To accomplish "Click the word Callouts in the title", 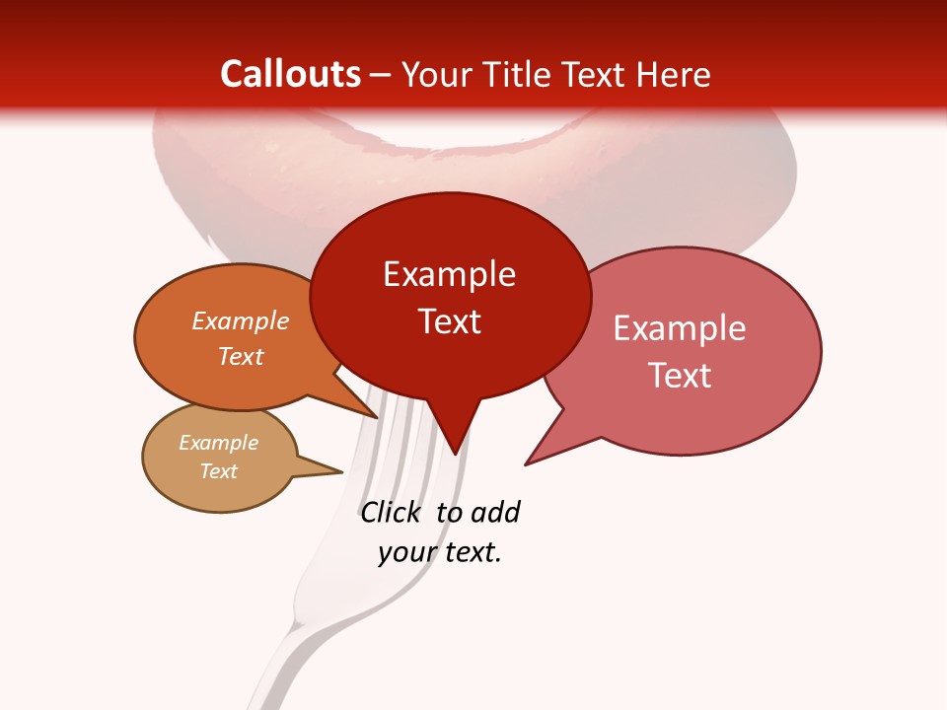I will (290, 74).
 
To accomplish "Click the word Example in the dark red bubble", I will (449, 274).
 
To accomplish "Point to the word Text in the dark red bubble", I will (449, 320).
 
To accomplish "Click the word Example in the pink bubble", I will (680, 328).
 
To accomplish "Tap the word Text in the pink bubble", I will (680, 375).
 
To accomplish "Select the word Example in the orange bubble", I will (241, 320).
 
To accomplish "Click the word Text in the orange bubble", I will (241, 356).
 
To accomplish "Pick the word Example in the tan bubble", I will (218, 443).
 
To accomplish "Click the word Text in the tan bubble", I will (218, 471).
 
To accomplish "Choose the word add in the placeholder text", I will (494, 512).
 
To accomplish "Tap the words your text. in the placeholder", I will (440, 552).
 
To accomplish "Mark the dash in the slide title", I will (382, 75).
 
